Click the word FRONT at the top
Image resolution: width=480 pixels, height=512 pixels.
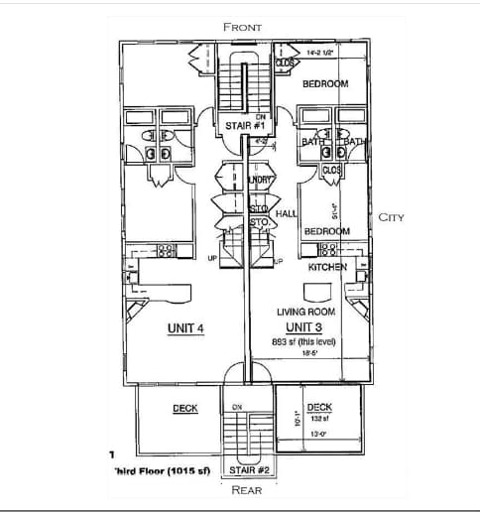[243, 27]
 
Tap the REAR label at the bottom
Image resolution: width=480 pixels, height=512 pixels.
[246, 489]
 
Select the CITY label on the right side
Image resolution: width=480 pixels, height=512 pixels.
[391, 217]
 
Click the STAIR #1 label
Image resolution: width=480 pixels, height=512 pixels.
[245, 127]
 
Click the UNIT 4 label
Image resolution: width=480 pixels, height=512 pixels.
[185, 328]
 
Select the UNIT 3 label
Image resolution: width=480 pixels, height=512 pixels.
[303, 326]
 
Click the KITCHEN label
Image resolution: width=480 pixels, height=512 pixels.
[326, 268]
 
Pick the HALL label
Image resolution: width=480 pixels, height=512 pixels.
[286, 213]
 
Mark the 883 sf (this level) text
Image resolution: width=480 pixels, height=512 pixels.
[303, 341]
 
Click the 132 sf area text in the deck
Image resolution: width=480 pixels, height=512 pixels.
[319, 418]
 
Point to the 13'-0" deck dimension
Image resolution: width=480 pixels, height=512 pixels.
[319, 434]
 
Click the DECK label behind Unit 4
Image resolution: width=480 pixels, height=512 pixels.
[185, 408]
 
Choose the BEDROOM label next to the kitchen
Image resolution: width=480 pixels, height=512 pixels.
[326, 231]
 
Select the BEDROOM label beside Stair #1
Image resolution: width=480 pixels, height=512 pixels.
[325, 84]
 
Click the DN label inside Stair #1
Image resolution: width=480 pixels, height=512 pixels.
[246, 117]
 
